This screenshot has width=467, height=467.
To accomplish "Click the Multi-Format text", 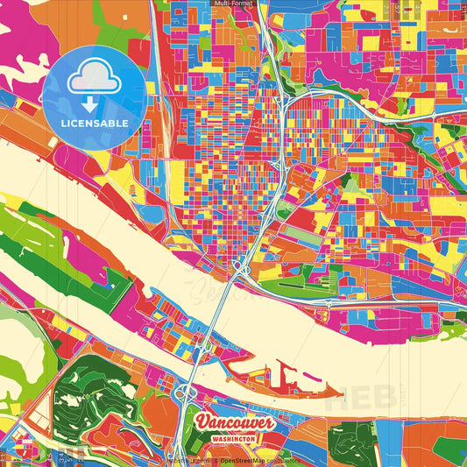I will [x=233, y=4].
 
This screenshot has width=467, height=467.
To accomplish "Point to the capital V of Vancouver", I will [x=202, y=423].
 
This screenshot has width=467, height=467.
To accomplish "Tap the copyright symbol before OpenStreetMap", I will [x=216, y=460].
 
